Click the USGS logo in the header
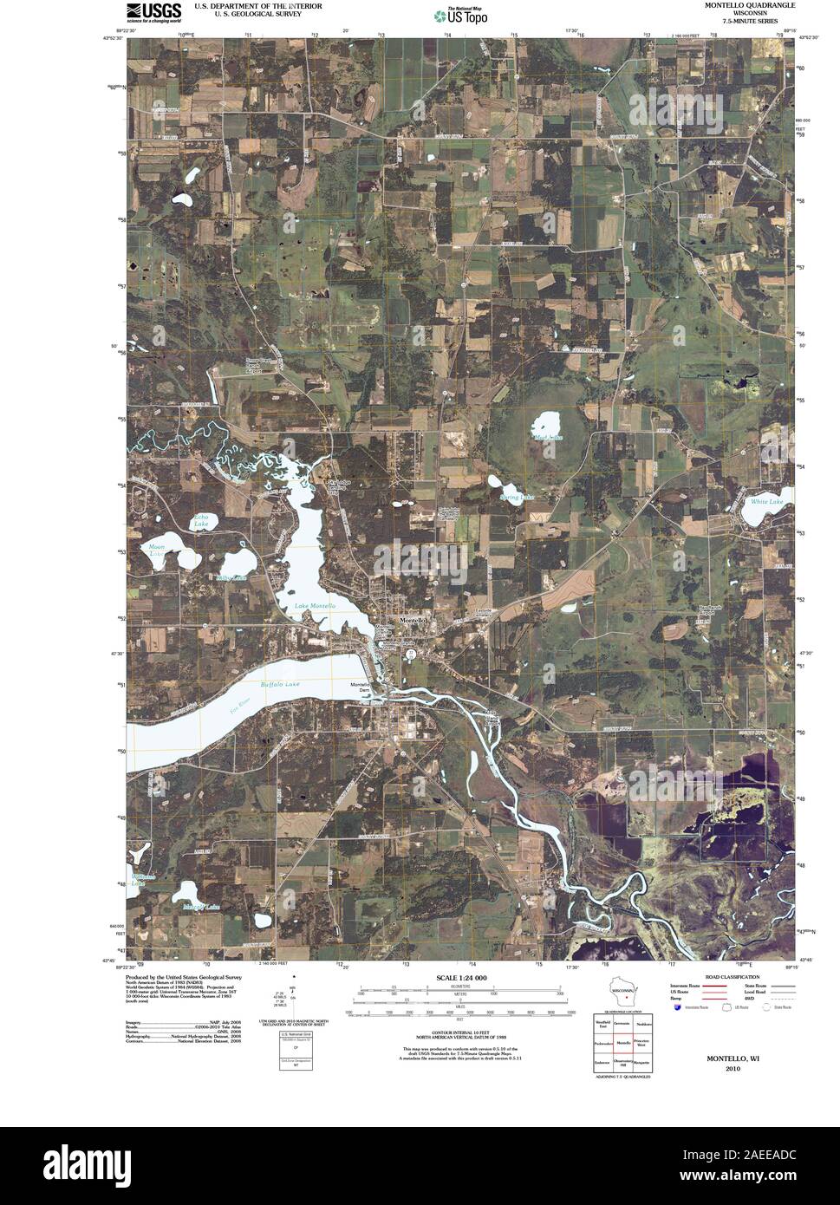pyautogui.click(x=154, y=11)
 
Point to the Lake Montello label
pyautogui.click(x=314, y=605)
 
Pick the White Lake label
pyautogui.click(x=766, y=502)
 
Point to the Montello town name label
pyautogui.click(x=411, y=622)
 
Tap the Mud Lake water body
pyautogui.click(x=548, y=426)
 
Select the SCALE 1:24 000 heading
pyautogui.click(x=460, y=978)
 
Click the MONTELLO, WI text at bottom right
pyautogui.click(x=721, y=1058)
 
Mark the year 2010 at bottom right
pyautogui.click(x=721, y=1068)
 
